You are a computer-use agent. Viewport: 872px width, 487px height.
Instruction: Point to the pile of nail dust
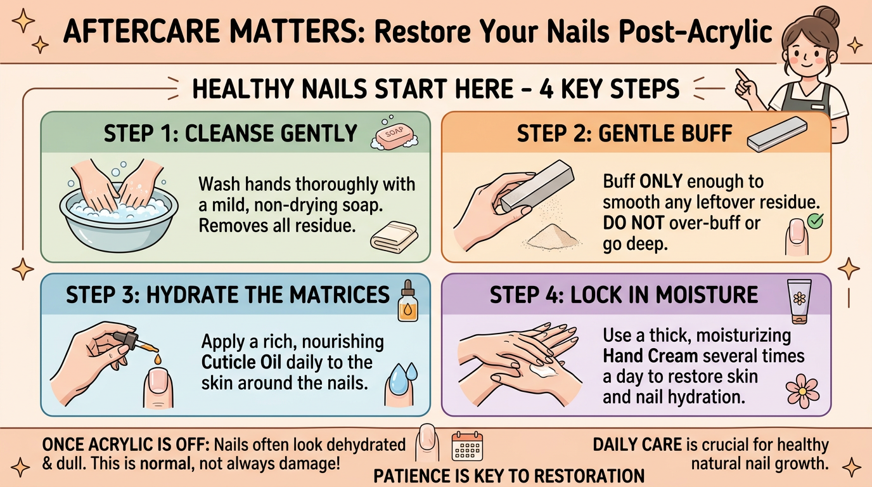553,237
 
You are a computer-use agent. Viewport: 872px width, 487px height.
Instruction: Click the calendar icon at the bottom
467,445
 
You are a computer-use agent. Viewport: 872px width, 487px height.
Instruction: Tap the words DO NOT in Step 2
632,223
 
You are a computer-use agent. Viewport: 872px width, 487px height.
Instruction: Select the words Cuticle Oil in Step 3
240,363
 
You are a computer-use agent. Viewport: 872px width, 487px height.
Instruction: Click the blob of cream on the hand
546,370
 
